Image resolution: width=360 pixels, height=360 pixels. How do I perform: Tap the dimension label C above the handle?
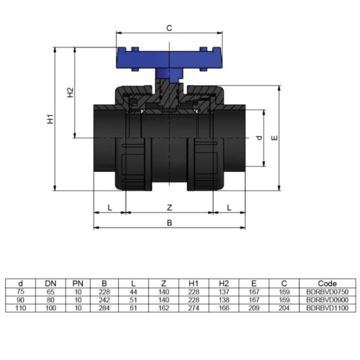pyautogui.click(x=169, y=29)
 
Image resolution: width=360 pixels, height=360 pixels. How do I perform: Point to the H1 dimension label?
pyautogui.click(x=51, y=120)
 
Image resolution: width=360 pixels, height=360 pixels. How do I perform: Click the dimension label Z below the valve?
pyautogui.click(x=168, y=207)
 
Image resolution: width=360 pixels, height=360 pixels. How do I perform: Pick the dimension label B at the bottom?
pyautogui.click(x=168, y=223)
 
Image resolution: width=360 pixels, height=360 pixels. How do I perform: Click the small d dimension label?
pyautogui.click(x=258, y=137)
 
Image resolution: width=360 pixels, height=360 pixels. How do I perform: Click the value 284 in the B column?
pyautogui.click(x=105, y=307)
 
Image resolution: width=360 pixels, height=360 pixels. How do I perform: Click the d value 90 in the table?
pyautogui.click(x=21, y=300)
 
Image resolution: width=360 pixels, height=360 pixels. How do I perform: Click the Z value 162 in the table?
pyautogui.click(x=164, y=307)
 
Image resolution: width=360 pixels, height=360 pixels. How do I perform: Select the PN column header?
pyautogui.click(x=78, y=284)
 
